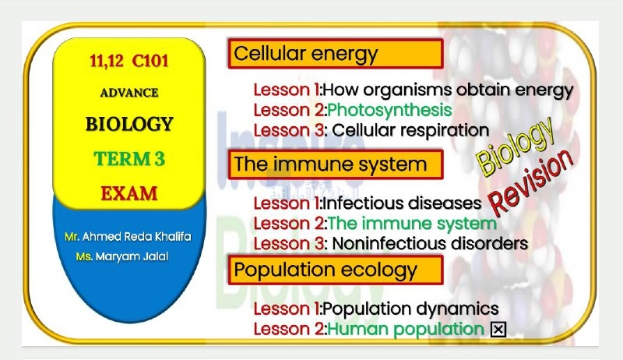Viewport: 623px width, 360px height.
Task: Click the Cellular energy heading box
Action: [x=336, y=53]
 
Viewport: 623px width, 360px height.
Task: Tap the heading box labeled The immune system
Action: [x=336, y=164]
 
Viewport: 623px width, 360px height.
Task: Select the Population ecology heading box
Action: [x=336, y=270]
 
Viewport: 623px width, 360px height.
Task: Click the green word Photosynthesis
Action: [x=390, y=110]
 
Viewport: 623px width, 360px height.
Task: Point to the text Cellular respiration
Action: [x=410, y=130]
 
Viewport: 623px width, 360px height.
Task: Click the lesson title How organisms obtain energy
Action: [x=449, y=90]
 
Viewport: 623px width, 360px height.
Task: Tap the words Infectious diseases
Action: [x=402, y=203]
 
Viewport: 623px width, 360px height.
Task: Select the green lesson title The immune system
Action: [x=412, y=224]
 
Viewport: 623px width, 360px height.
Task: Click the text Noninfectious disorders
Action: [x=430, y=244]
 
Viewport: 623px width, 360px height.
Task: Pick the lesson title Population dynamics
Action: [x=410, y=309]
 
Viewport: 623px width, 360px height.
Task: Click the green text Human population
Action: [x=406, y=329]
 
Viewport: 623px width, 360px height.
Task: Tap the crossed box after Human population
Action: [x=498, y=330]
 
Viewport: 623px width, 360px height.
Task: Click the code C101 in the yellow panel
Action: [x=150, y=61]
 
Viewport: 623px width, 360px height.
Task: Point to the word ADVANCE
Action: [x=129, y=93]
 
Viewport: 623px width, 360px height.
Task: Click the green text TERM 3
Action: [x=129, y=159]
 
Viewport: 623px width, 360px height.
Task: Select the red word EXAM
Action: [x=129, y=193]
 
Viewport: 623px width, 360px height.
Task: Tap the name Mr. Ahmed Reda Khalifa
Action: [x=128, y=237]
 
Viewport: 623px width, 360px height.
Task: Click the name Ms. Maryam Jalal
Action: [x=122, y=256]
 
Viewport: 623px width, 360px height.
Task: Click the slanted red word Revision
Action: [x=531, y=182]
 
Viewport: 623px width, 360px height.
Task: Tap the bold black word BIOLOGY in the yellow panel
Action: [x=129, y=124]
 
